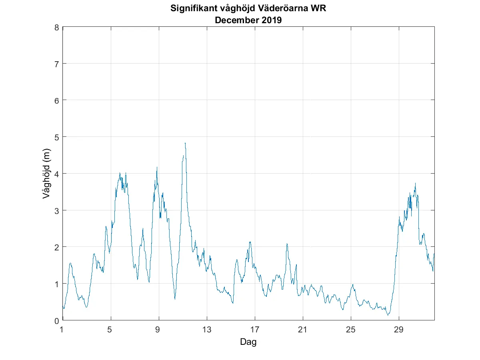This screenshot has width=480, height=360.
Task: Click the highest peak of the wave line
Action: [185, 143]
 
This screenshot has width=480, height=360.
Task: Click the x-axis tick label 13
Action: [207, 330]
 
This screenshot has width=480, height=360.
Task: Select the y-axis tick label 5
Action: [57, 137]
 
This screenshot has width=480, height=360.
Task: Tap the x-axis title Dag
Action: [248, 342]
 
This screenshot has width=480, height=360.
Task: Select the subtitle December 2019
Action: [248, 20]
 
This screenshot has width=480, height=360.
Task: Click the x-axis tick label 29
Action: [399, 330]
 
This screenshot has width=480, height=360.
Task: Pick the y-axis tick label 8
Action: [57, 27]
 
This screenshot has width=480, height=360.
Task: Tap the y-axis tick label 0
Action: [57, 320]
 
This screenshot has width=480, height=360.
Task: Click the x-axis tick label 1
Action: [62, 330]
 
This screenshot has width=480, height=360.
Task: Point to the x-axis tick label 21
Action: [303, 330]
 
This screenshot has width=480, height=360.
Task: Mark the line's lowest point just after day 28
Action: [388, 315]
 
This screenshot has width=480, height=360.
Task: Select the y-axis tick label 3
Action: [57, 210]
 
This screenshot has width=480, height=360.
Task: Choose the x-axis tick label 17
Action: [255, 330]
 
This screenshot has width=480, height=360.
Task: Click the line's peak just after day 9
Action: [157, 167]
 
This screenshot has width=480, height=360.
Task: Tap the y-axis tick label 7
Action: [57, 64]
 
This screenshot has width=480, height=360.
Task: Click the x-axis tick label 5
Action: [110, 330]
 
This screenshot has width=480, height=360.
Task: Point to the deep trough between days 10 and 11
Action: [175, 299]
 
